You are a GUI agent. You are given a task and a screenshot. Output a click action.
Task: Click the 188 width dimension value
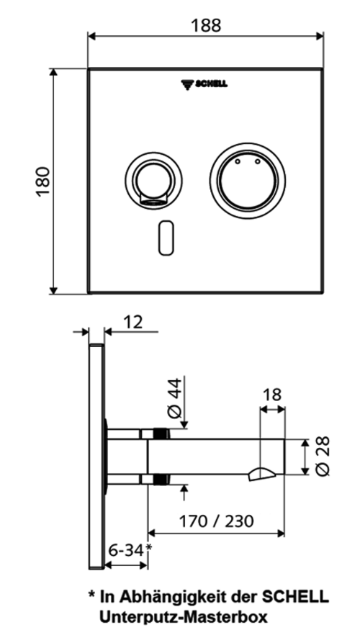coord(206,25)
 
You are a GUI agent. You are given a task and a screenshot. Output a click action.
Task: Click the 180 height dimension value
coord(43,181)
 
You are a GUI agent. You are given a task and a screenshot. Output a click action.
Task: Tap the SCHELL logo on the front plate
coord(204,84)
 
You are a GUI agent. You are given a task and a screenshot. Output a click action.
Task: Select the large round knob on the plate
coord(248,181)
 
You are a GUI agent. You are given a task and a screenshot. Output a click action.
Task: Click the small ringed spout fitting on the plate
coord(154,180)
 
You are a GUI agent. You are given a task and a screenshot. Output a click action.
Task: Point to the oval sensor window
coord(166,238)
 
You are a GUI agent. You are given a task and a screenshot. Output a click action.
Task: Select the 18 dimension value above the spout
coord(271,395)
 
